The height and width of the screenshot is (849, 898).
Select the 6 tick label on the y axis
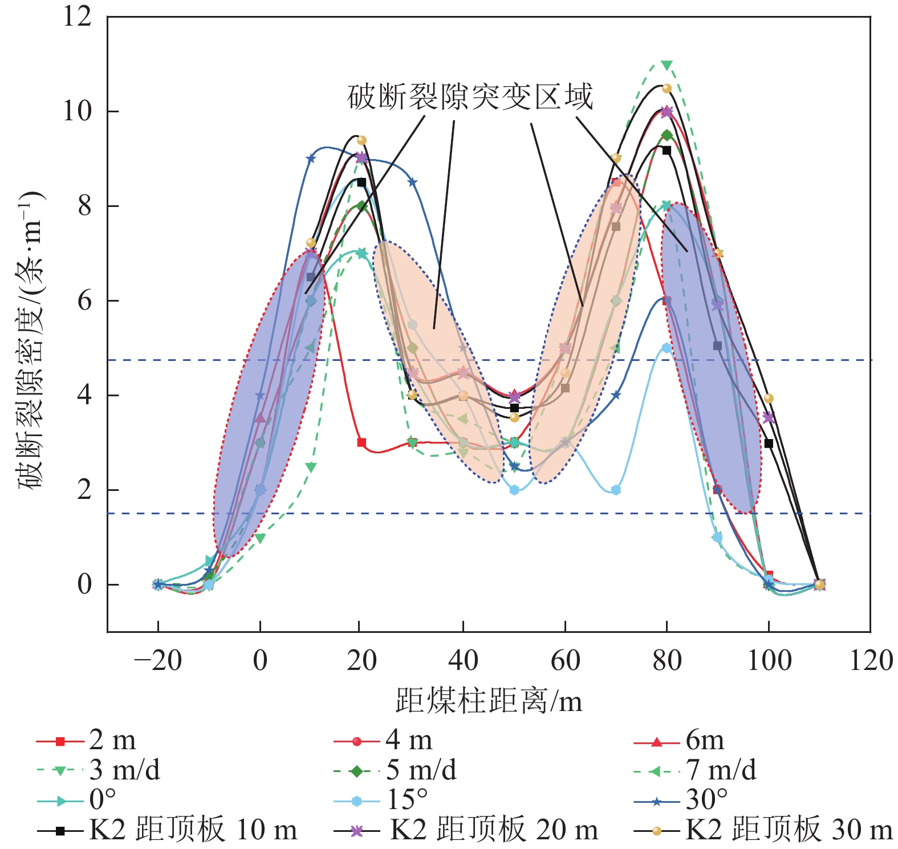click(x=84, y=300)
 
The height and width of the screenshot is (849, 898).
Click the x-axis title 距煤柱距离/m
click(x=489, y=701)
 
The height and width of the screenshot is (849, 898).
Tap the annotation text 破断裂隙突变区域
click(x=470, y=97)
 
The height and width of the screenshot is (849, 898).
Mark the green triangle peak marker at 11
click(x=667, y=65)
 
